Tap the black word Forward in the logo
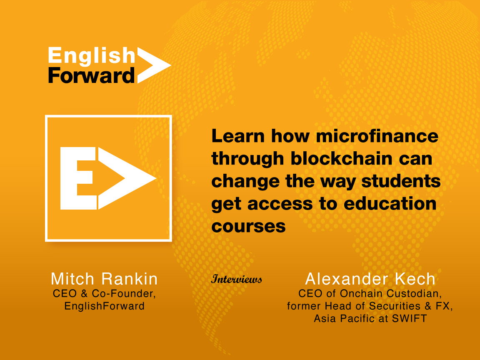[91, 75]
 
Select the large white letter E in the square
[78, 178]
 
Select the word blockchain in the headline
[342, 159]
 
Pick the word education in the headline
[390, 204]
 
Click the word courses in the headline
[248, 227]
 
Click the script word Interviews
[237, 279]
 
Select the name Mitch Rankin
[104, 279]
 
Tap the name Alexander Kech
[370, 279]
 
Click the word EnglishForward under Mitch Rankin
[104, 306]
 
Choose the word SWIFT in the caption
[409, 319]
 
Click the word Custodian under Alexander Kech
[414, 294]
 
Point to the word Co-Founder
[124, 294]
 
